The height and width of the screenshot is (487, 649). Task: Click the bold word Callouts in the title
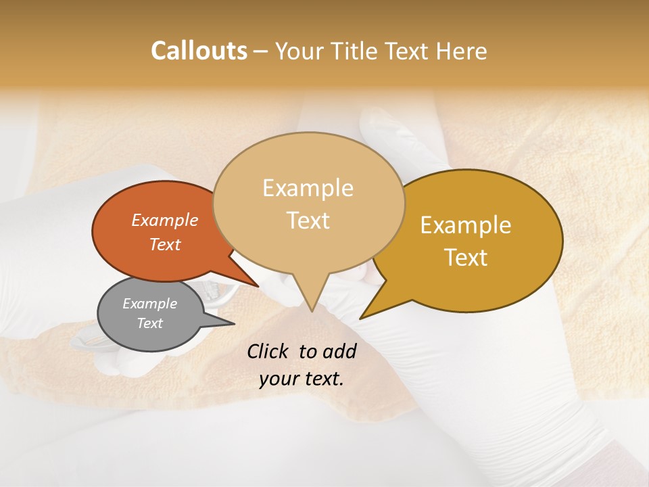[x=199, y=51]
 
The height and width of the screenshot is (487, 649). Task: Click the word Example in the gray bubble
[x=149, y=304]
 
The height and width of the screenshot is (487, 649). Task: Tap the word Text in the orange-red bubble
[x=165, y=244]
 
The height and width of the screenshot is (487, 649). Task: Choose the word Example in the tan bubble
[x=308, y=188]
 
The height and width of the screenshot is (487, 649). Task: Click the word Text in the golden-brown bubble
[x=466, y=258]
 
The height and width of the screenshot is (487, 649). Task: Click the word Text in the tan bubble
[x=308, y=221]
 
